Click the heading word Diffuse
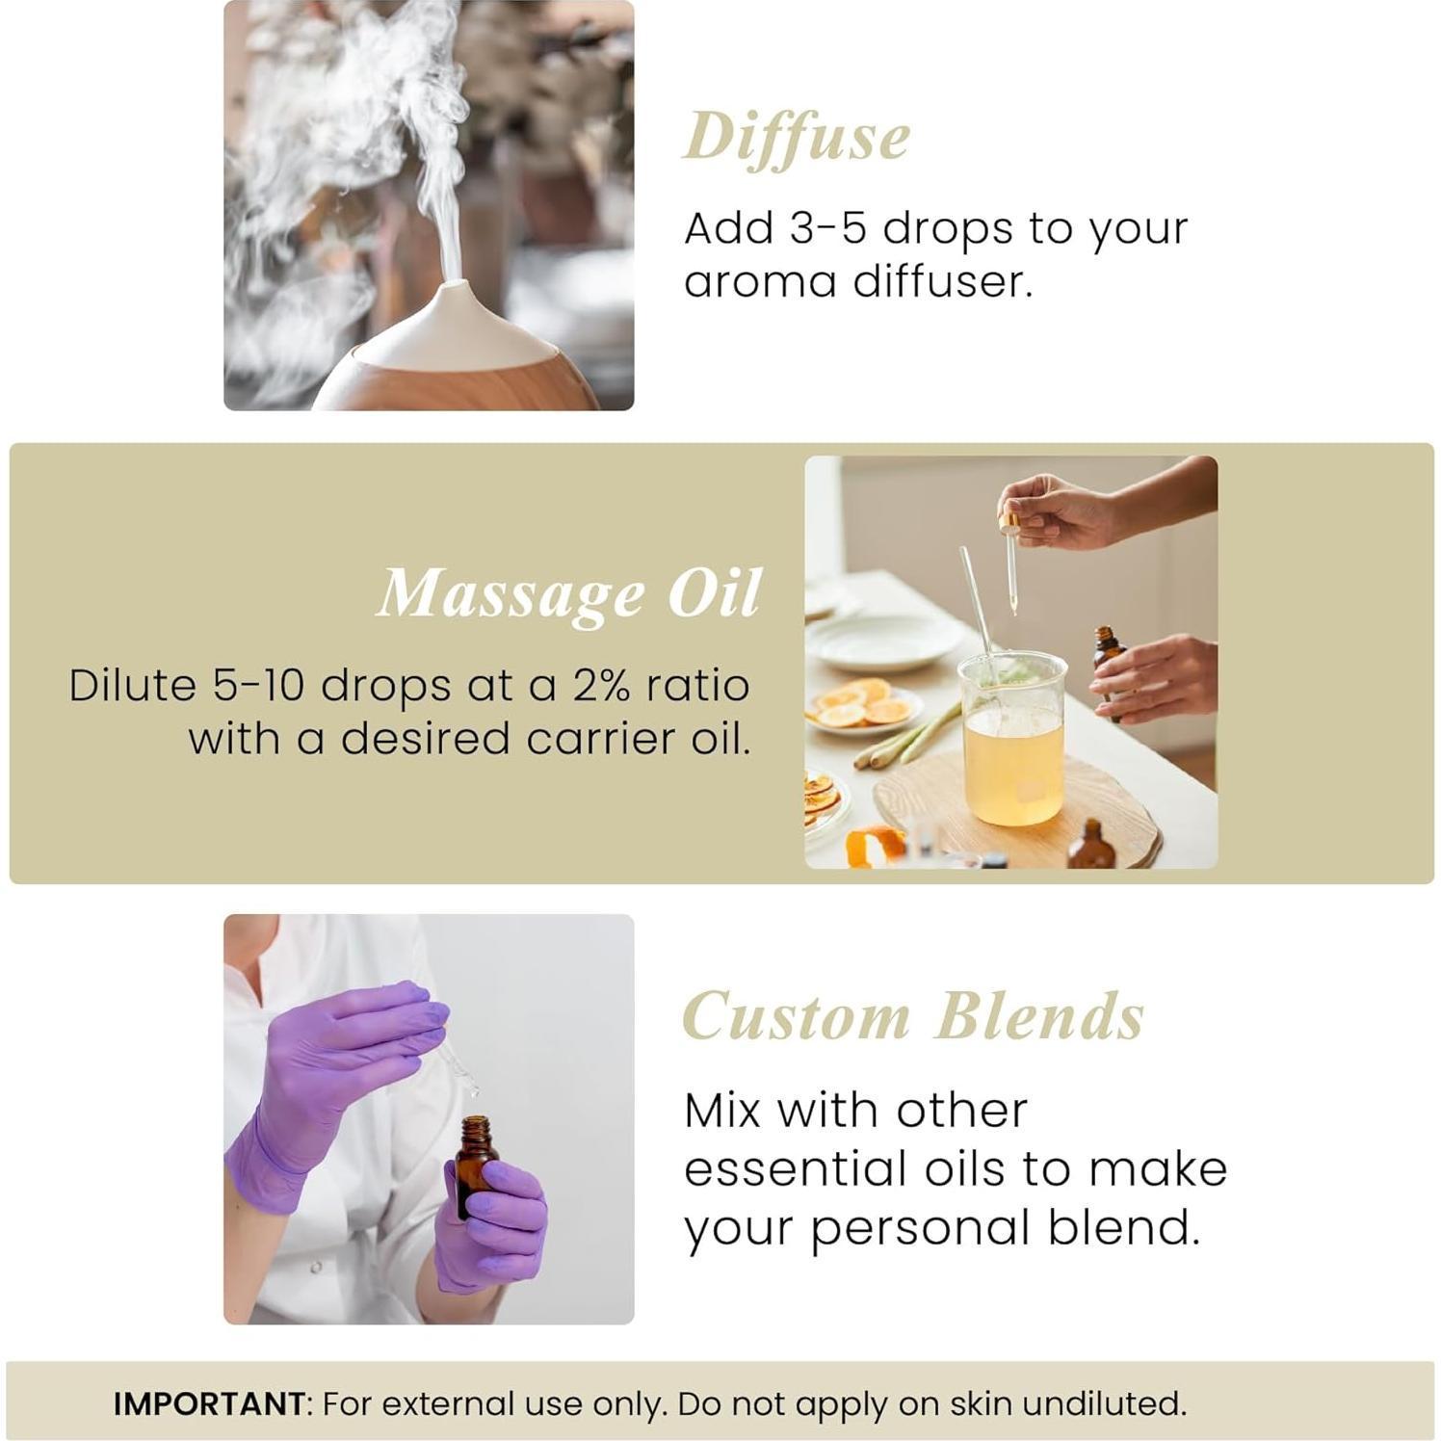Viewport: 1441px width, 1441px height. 797,138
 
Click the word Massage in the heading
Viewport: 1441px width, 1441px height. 511,594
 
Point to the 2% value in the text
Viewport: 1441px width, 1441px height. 601,686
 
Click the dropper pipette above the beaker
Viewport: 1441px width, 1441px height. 1009,563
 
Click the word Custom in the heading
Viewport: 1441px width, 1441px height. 796,1016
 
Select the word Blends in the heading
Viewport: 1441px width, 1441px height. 1040,1016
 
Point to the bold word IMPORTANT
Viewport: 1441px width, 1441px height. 209,1403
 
